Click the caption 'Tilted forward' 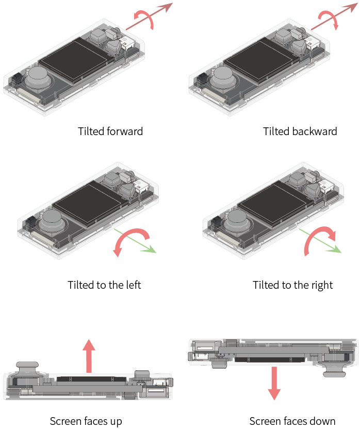(110, 131)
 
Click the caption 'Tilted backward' (300, 131)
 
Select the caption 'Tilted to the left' (104, 285)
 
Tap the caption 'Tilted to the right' (293, 285)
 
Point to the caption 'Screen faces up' (86, 421)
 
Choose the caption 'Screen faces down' (292, 421)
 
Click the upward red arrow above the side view (89, 356)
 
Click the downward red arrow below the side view (274, 383)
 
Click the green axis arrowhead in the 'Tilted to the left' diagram (152, 250)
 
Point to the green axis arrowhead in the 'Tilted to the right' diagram (337, 249)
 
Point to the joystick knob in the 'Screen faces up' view (27, 369)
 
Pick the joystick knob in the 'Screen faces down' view (334, 369)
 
